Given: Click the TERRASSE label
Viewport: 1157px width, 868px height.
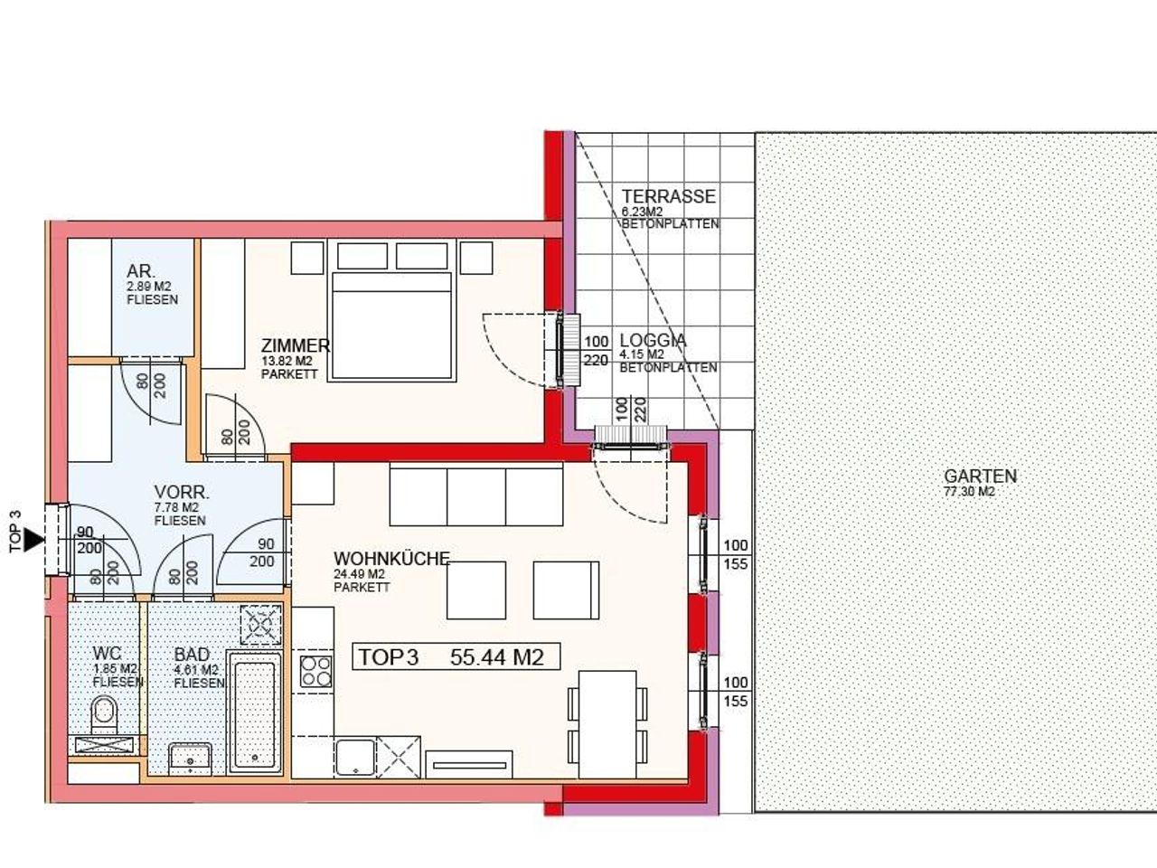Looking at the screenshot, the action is [x=668, y=196].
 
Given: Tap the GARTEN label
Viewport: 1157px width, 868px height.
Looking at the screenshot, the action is [x=980, y=476].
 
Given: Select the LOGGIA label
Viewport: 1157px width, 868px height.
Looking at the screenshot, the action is [x=654, y=341].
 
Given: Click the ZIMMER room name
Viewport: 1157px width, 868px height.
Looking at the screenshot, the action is [x=296, y=345].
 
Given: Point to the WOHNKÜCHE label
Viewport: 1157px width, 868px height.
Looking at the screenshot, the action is [x=391, y=559].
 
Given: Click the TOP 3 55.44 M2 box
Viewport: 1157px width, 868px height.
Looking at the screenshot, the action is [x=456, y=656].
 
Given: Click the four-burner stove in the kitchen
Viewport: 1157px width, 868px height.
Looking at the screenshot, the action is [x=316, y=672].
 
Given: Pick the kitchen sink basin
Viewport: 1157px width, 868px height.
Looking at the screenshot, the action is [x=355, y=758].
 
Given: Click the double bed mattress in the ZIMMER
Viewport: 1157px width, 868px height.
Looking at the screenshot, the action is [x=391, y=326].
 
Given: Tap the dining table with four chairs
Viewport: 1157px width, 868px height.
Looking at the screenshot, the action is [x=607, y=724].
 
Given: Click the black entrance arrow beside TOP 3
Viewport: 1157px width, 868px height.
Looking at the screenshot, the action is [x=35, y=540].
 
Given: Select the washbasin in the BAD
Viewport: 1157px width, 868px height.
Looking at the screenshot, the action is [x=191, y=759].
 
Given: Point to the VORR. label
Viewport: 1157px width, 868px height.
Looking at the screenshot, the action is [x=182, y=493].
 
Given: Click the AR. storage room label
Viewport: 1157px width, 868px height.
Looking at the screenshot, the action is [x=141, y=271].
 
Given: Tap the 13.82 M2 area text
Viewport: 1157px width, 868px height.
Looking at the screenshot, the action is [x=287, y=361].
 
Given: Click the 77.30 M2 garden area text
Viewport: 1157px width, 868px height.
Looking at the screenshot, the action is [x=969, y=491].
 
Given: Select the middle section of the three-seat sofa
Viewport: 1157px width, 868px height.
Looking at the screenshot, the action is [x=476, y=495].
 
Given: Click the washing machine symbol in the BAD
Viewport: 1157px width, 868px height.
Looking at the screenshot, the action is [x=261, y=625].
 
